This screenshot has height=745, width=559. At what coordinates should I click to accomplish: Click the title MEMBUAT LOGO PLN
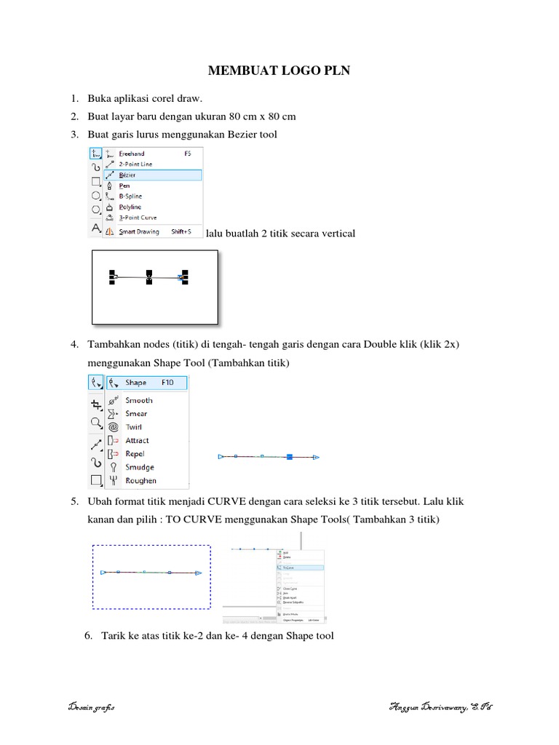pos(279,71)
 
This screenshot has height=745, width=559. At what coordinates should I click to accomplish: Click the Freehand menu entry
pos(132,154)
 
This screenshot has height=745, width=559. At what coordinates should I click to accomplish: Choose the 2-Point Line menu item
pos(136,164)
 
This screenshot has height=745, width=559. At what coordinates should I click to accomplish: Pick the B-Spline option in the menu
pos(130,196)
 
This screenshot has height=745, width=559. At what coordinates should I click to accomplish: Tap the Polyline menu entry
pos(130,207)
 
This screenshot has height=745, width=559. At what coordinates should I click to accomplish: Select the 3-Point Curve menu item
pos(138,218)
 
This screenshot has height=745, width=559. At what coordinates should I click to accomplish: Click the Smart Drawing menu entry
pos(139,232)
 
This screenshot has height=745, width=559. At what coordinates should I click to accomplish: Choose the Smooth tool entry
pos(139,400)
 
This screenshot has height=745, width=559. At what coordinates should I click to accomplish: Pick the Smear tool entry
pos(136,414)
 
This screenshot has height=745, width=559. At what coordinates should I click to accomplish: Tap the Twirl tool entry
pos(135,427)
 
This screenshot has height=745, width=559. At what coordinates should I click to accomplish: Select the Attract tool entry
pos(137,440)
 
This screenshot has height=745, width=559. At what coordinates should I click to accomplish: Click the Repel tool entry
pos(135,454)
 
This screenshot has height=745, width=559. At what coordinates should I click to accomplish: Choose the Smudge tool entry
pos(139,467)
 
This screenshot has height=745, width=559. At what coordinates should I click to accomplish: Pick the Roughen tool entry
pos(140,480)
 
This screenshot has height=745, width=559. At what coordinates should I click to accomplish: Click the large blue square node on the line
pos(290,457)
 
